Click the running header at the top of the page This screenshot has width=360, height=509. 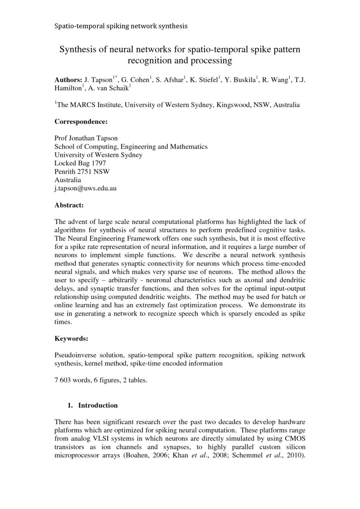tap(121, 26)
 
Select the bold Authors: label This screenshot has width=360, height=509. tap(68, 80)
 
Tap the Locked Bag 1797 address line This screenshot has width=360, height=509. tap(80, 163)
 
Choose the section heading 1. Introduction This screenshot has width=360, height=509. tap(93, 405)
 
